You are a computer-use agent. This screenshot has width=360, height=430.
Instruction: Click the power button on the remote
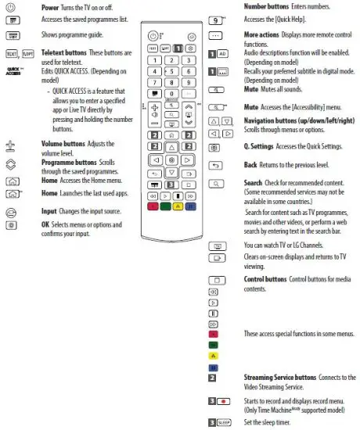(152, 37)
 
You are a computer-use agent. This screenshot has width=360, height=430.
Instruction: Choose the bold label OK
(45, 224)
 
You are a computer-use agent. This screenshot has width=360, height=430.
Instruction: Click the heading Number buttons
(268, 6)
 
